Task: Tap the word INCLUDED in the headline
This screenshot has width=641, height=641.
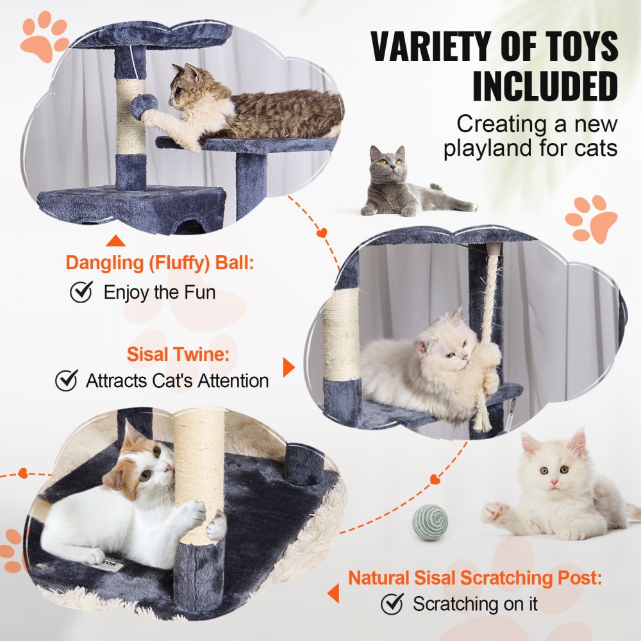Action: coord(545,86)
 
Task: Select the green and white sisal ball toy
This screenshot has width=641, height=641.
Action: coord(429,522)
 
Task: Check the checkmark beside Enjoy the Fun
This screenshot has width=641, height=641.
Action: coord(81,292)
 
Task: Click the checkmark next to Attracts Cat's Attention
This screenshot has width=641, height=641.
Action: coord(66,380)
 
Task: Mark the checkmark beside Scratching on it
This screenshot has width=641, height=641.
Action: coord(392,603)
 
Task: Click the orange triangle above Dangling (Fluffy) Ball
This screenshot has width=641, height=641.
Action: coord(115,242)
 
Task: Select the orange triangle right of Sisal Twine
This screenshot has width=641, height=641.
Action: coord(288,367)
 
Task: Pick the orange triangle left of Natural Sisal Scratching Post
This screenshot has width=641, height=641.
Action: coord(333,594)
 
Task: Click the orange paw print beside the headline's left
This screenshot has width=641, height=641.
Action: coord(44,37)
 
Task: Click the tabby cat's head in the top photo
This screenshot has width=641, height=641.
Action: coord(186,87)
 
